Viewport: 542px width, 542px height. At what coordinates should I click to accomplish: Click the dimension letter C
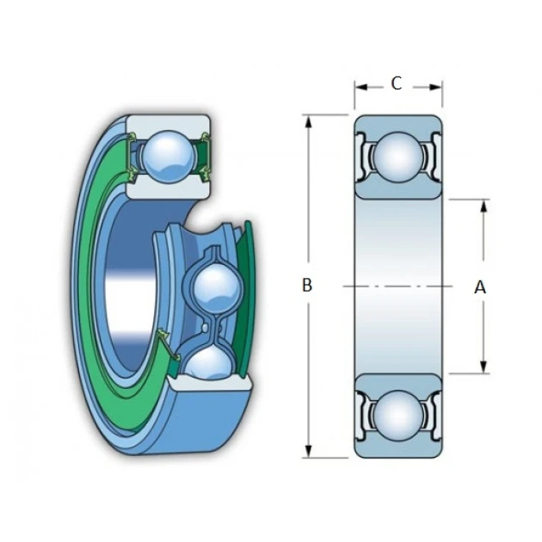397,83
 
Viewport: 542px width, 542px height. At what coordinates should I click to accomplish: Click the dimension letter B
307,285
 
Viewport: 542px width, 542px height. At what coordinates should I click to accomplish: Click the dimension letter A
480,287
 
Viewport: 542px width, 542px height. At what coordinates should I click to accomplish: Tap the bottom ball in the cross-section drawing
398,416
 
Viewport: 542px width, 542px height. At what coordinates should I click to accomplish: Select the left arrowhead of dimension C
360,87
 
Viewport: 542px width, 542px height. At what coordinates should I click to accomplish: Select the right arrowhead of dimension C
435,87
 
